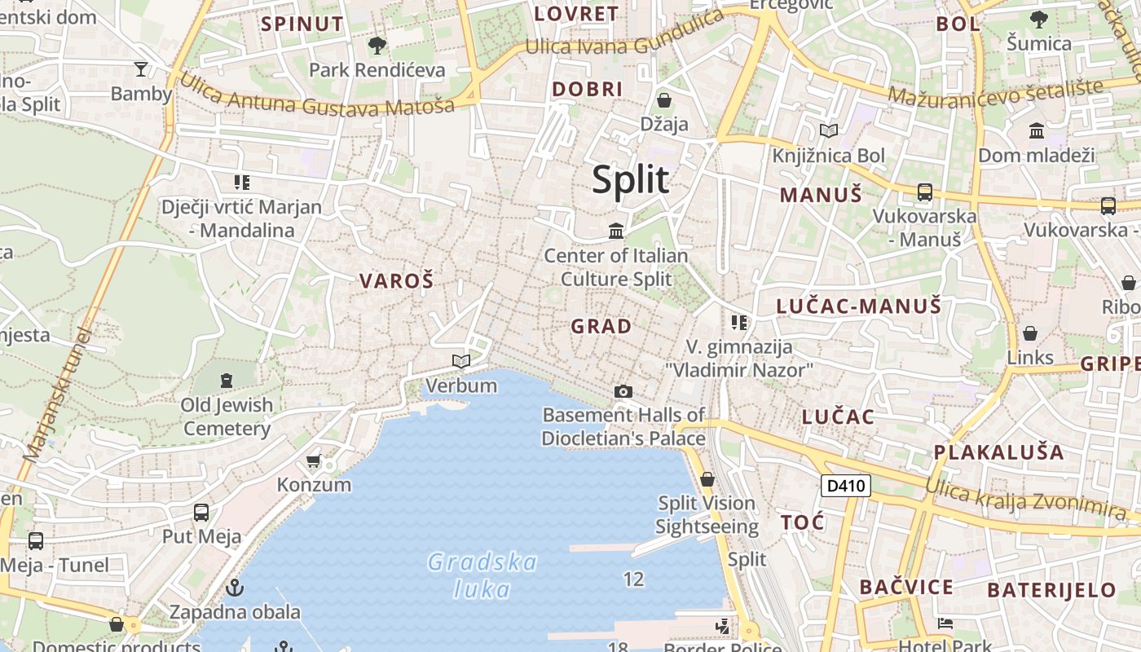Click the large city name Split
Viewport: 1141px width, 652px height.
[630, 179]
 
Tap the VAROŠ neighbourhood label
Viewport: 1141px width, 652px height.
[397, 281]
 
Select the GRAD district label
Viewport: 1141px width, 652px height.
[601, 327]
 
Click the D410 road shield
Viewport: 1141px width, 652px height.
[846, 487]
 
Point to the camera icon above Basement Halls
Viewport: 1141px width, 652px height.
[623, 392]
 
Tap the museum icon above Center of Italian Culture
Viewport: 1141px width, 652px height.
[616, 231]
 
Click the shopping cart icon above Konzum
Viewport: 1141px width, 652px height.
[314, 461]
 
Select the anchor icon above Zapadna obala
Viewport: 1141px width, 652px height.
[235, 587]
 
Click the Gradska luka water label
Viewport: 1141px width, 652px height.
[482, 575]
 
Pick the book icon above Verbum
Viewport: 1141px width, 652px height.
[461, 361]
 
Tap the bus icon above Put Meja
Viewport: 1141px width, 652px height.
[201, 513]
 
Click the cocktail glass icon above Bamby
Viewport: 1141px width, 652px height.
[141, 69]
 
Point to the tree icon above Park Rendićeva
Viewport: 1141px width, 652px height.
[377, 46]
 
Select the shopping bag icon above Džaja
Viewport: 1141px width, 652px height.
[663, 100]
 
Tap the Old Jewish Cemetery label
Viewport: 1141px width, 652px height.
[227, 416]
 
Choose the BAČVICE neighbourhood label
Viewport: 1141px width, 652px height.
[906, 587]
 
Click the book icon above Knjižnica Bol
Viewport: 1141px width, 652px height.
[829, 130]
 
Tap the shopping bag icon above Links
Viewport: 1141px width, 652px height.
[1030, 333]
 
